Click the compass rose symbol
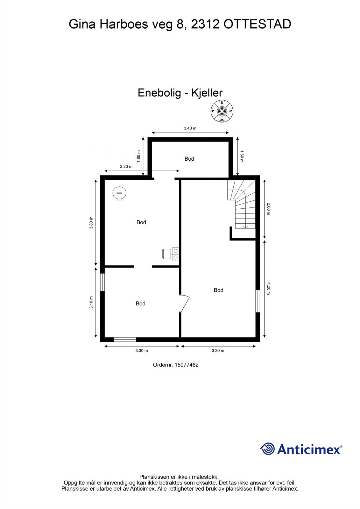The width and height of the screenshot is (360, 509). click(x=222, y=111)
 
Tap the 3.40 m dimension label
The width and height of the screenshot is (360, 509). click(x=190, y=128)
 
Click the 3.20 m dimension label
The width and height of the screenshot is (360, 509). click(x=126, y=166)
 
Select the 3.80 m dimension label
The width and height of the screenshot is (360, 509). click(x=91, y=223)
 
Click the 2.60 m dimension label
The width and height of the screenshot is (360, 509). click(x=269, y=208)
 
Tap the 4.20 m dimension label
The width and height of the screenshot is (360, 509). click(x=269, y=289)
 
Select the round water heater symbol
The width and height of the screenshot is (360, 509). click(x=119, y=193)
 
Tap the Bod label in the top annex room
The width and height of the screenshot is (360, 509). click(x=189, y=159)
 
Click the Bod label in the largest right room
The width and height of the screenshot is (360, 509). click(x=218, y=290)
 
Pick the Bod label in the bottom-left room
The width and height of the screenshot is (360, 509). click(x=140, y=303)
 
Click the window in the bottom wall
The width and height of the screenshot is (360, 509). click(x=125, y=339)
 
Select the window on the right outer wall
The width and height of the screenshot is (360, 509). click(x=258, y=301)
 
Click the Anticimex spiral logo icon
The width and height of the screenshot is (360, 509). click(x=267, y=449)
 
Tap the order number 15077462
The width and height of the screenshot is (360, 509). click(x=186, y=365)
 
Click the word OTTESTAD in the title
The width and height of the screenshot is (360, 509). click(x=257, y=24)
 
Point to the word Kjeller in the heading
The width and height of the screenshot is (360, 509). click(x=207, y=93)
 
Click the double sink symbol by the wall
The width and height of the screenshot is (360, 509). click(x=175, y=254)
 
